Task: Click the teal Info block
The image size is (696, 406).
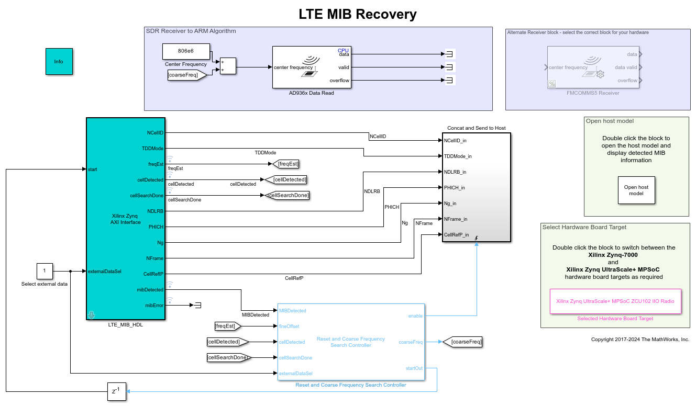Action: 59,62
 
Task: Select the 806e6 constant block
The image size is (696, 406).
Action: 186,51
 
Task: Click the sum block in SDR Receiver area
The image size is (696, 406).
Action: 228,66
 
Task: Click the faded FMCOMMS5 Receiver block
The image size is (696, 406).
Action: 592,67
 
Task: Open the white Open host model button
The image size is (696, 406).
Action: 636,190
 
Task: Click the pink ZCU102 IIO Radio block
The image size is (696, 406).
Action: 615,301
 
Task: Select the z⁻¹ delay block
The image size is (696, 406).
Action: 117,391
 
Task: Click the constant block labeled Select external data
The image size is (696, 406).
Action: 45,271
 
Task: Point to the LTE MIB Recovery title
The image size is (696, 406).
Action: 358,14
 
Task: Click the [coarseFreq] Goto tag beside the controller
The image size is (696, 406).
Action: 462,342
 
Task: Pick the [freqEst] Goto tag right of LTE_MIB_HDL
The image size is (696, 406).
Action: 288,164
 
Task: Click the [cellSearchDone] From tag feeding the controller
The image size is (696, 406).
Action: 229,358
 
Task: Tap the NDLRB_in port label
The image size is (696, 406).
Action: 455,172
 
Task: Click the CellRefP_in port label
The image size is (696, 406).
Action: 456,235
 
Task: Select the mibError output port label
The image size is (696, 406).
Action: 154,305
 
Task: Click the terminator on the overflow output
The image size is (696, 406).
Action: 449,81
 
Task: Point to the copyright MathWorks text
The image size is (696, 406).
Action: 640,340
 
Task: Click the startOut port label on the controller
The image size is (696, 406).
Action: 414,368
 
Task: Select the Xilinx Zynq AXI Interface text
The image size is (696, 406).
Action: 126,219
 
